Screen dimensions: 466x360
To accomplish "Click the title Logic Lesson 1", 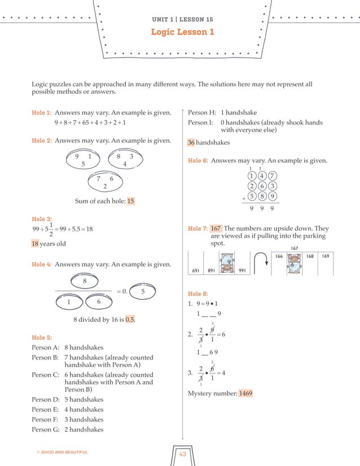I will (x=182, y=32).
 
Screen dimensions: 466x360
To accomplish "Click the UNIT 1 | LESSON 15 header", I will (x=182, y=19).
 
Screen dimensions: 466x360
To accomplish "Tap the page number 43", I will (x=182, y=455).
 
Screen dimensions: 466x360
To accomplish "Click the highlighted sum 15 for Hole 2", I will (x=130, y=201).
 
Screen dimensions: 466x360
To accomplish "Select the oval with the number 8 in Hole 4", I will (x=84, y=280).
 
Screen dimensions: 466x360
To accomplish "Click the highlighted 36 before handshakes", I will (x=191, y=143).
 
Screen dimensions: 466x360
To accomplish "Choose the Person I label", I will (x=200, y=122).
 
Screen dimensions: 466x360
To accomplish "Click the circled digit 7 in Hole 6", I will (x=272, y=176).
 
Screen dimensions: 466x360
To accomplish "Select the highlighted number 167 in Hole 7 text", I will (x=216, y=228).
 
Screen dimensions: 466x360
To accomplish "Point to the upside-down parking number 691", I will (x=197, y=270).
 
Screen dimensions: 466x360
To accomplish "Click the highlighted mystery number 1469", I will (x=245, y=393).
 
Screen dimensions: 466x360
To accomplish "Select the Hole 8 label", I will (x=197, y=294).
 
